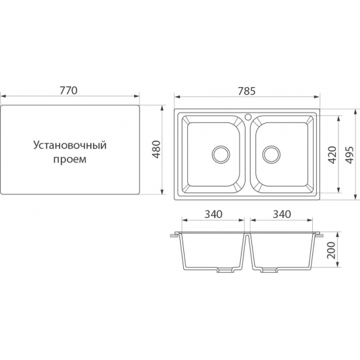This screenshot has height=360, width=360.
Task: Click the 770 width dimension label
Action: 69,90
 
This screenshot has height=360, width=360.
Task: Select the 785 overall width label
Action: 247,91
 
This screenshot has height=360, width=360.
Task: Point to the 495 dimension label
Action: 350,154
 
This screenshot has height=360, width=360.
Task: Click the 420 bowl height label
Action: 333,154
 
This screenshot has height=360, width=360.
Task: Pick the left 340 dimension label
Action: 213,214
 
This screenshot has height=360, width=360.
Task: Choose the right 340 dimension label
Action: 282,214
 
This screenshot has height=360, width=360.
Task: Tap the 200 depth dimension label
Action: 331,250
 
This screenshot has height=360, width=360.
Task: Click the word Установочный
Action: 70,145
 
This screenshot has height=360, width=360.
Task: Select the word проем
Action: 70,159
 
